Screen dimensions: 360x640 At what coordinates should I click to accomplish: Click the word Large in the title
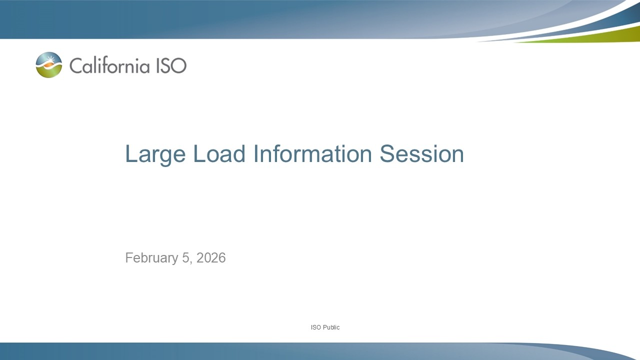pyautogui.click(x=155, y=154)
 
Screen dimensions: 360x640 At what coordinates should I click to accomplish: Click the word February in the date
pyautogui.click(x=151, y=258)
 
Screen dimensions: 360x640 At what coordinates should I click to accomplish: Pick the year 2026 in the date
pyautogui.click(x=211, y=258)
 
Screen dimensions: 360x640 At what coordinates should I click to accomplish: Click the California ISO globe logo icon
pyautogui.click(x=49, y=65)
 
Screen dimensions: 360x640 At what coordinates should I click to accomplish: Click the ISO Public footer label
pyautogui.click(x=325, y=327)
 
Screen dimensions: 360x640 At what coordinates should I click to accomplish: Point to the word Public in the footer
pyautogui.click(x=331, y=327)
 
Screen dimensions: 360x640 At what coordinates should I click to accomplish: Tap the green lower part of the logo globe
pyautogui.click(x=49, y=73)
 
